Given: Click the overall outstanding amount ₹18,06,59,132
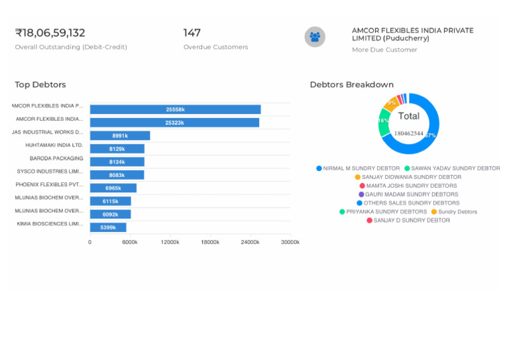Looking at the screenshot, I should pos(50,33).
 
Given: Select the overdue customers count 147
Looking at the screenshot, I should pos(192,33).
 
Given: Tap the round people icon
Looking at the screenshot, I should pos(315,37).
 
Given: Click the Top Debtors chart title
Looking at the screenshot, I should pos(40,85).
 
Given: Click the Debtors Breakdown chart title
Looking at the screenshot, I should pos(351,85).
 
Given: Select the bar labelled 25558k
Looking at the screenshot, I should pos(175,109).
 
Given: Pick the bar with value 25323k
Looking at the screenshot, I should pos(174,123).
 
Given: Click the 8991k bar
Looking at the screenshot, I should pos(120,136).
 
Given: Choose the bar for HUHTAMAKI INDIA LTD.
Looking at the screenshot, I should pos(117,149).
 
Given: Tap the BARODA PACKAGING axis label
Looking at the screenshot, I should pos(56,158).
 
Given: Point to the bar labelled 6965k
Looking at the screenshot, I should pos(113,188).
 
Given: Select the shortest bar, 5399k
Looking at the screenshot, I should pos(108,227).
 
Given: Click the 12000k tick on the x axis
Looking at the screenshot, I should pos(170,243).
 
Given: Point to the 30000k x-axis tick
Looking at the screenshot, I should pos(290,243).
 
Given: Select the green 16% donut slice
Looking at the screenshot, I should pos(384,123).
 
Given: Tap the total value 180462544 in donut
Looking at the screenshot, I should pos(408,133).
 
